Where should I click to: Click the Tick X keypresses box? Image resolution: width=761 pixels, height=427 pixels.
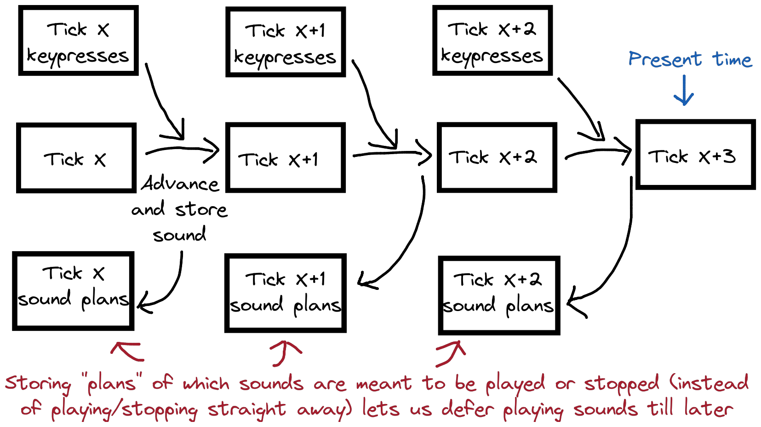click(78, 40)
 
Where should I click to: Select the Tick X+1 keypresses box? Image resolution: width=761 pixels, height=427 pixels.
click(286, 42)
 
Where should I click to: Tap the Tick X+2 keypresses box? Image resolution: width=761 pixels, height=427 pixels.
click(492, 40)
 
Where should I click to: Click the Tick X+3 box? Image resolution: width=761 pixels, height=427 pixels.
click(695, 155)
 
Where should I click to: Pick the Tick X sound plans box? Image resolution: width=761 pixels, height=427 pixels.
click(73, 291)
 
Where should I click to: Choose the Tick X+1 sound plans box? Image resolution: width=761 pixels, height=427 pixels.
click(285, 293)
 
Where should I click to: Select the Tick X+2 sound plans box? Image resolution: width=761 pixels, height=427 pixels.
click(499, 295)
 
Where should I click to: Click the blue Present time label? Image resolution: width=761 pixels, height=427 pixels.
click(690, 60)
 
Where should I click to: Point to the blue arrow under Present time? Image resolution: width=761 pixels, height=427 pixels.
click(684, 91)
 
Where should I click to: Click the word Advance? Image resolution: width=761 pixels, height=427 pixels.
click(180, 184)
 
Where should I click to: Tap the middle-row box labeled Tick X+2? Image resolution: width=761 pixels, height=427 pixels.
click(497, 157)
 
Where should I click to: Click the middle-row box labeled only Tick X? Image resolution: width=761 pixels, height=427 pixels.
click(76, 158)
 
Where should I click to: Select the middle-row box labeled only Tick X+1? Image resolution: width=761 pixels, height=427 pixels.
click(285, 158)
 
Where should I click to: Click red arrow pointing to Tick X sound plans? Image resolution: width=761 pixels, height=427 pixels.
click(126, 351)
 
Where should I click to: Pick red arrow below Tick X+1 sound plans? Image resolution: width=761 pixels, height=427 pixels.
click(284, 352)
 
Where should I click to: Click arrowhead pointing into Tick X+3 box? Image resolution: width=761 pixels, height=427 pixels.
click(625, 151)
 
